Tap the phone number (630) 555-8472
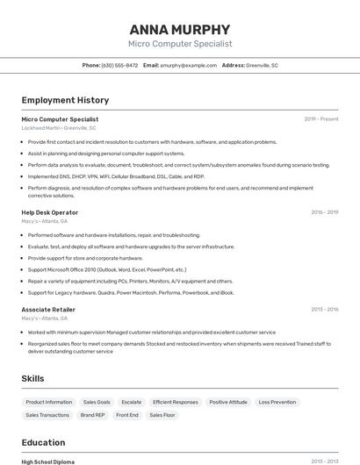119,65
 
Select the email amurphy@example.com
188,65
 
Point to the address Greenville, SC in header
262,65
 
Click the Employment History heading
65,100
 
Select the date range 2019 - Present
320,119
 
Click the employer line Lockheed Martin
59,128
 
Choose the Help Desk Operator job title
50,212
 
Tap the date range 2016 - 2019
324,212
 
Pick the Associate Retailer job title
48,310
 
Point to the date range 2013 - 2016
324,310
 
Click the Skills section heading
33,378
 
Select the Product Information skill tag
48,402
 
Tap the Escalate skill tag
131,402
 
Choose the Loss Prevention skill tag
277,402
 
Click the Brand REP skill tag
92,415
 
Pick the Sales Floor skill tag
162,415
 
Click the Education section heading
44,442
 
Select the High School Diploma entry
48,461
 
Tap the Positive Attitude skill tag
228,402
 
